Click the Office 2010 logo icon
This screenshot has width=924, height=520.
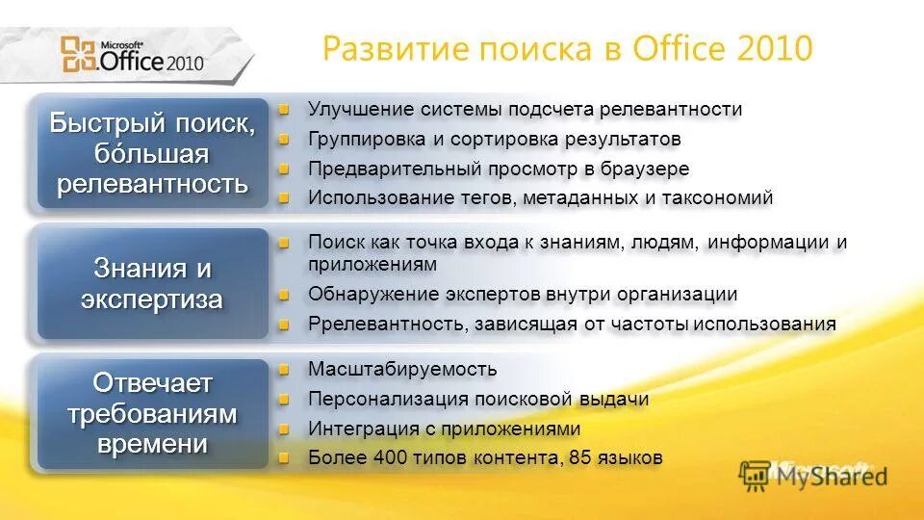coord(78,54)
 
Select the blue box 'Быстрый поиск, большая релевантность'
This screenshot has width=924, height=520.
coord(152,154)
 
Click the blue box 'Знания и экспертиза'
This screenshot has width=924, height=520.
coord(152,283)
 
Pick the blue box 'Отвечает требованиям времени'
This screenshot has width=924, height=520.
coord(152,414)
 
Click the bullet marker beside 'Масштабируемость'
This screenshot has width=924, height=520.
coord(284,369)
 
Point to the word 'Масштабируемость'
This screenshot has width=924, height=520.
coord(402,369)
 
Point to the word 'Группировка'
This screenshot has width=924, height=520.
coord(363,139)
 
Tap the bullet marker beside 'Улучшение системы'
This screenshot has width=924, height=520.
coord(284,110)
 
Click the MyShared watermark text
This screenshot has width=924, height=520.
coord(828,475)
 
